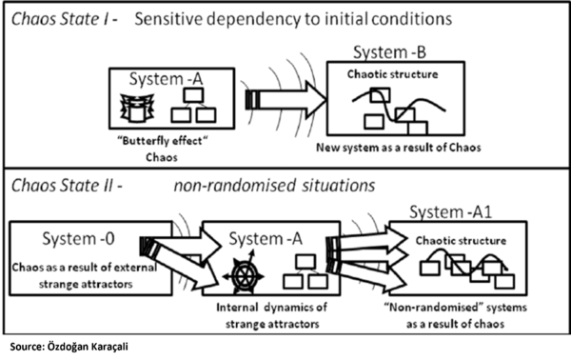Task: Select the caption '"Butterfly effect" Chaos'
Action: [159, 147]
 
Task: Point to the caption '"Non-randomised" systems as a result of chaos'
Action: [452, 316]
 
